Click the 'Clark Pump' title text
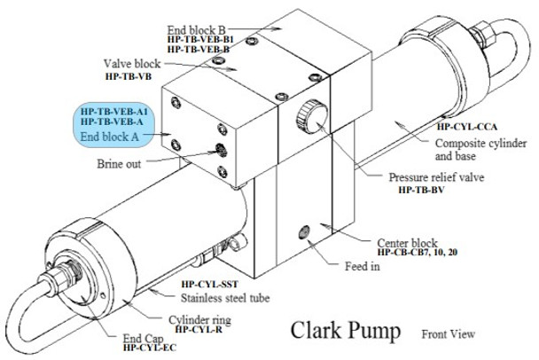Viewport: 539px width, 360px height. click(346, 331)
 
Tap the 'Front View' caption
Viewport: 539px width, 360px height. click(449, 334)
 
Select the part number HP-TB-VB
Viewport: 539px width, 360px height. click(129, 76)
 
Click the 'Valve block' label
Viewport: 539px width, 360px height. click(132, 64)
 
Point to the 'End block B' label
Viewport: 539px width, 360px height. click(196, 30)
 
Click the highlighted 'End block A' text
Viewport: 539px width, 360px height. click(110, 137)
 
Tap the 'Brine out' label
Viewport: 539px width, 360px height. click(119, 164)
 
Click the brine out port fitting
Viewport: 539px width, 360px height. click(221, 150)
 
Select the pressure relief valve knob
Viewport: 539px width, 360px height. click(312, 116)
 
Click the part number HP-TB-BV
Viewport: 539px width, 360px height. click(421, 190)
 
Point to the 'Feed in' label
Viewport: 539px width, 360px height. click(363, 266)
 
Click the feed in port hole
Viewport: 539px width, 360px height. click(304, 232)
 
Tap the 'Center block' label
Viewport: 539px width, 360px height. click(407, 243)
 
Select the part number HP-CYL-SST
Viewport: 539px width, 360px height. click(210, 285)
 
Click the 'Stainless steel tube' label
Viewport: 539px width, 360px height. click(225, 298)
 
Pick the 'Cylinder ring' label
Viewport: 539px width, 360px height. click(199, 320)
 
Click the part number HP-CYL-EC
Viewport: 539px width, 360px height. click(150, 348)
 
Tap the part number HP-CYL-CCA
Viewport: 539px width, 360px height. click(467, 127)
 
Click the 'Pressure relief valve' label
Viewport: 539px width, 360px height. click(436, 177)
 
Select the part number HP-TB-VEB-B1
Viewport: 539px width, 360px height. click(200, 40)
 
